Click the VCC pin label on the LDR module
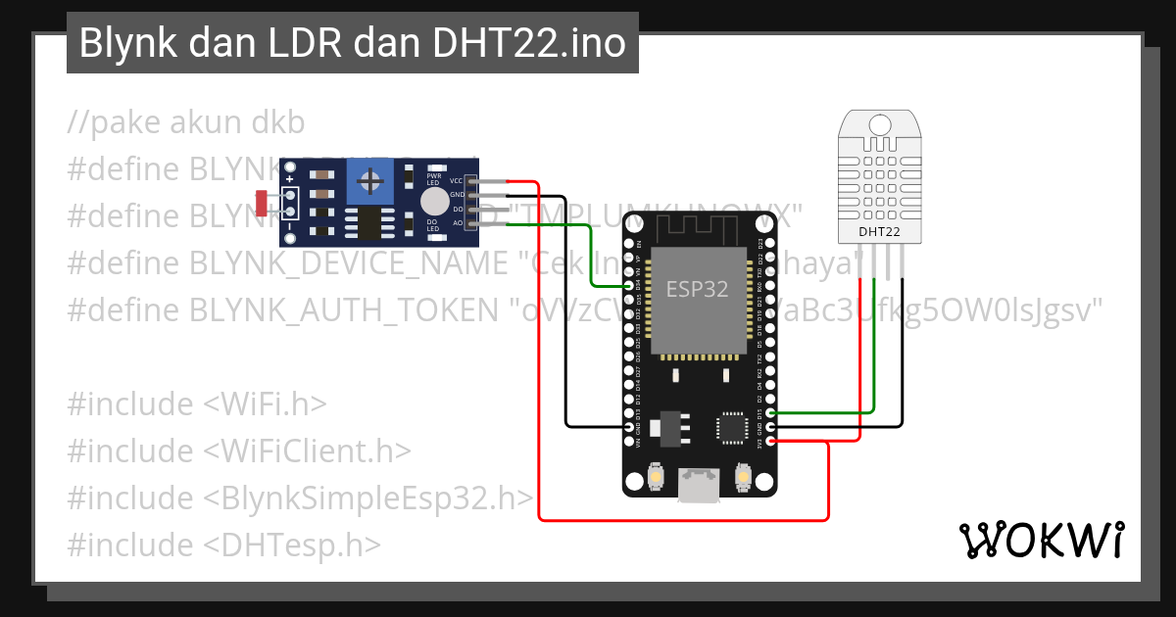[x=456, y=181]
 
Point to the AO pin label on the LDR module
[x=457, y=223]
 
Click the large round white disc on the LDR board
[x=434, y=202]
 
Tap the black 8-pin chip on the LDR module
[x=369, y=222]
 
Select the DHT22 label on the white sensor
[x=879, y=232]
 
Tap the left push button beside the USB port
[x=654, y=478]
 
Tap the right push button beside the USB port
[x=743, y=478]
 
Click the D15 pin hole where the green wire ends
[x=771, y=413]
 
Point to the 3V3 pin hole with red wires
[x=771, y=442]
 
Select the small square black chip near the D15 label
[x=730, y=426]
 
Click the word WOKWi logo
[x=1041, y=540]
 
